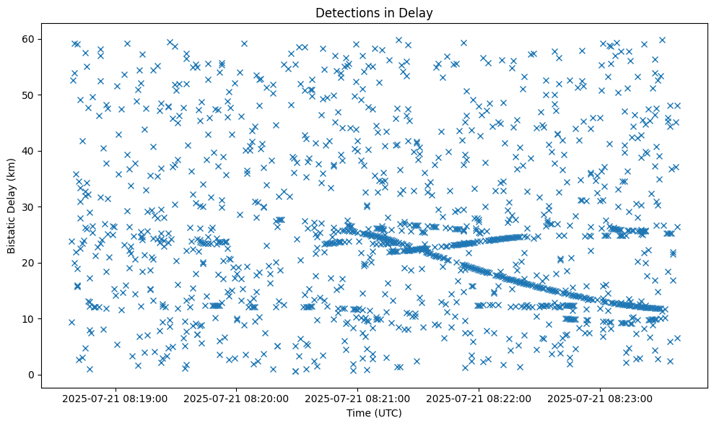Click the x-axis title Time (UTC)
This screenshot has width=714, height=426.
click(x=374, y=414)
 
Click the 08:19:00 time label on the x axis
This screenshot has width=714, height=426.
click(x=115, y=398)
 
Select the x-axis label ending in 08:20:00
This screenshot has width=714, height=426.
click(x=236, y=398)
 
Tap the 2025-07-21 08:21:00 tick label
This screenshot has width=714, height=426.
click(x=357, y=398)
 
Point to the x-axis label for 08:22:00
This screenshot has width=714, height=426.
click(x=479, y=398)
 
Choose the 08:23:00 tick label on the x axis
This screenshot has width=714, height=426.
click(x=600, y=398)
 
